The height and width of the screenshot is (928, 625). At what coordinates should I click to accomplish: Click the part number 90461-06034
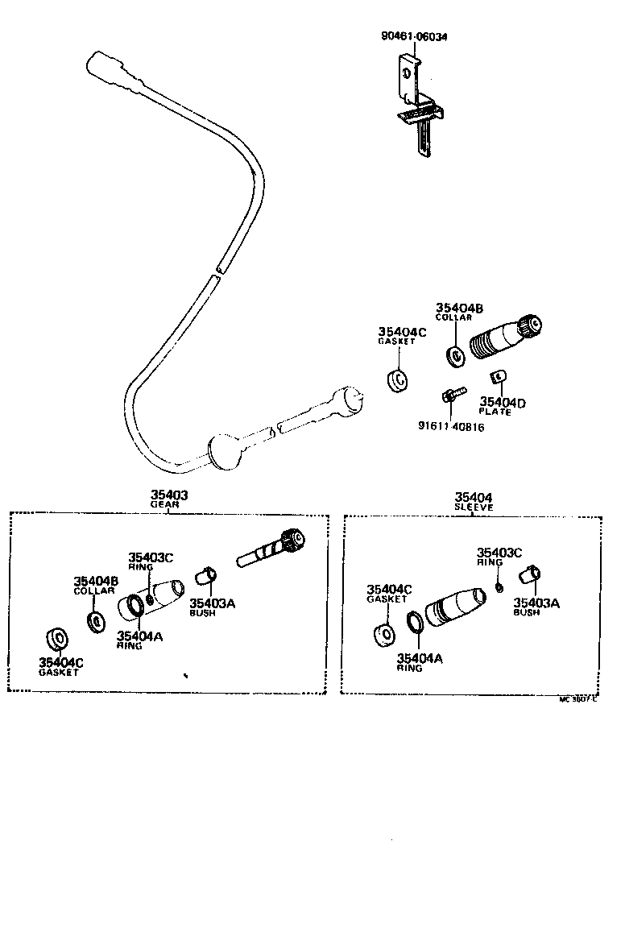tap(415, 37)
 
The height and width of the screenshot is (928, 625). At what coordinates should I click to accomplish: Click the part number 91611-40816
tap(451, 425)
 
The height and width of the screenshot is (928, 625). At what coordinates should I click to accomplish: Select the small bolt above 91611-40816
tap(451, 396)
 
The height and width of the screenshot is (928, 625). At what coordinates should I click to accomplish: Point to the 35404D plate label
tap(503, 402)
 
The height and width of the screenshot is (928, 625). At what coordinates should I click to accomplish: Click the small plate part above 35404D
tap(499, 375)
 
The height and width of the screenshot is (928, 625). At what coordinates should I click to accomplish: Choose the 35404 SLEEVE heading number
tap(474, 498)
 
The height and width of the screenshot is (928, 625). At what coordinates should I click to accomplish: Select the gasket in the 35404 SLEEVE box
tap(385, 632)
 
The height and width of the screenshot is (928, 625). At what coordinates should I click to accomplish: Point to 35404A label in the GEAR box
tap(139, 636)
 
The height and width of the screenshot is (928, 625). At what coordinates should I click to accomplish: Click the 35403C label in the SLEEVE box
tap(499, 553)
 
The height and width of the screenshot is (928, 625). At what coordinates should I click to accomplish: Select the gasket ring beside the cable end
tap(397, 380)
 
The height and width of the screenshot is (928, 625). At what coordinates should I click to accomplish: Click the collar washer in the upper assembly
tap(455, 354)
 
